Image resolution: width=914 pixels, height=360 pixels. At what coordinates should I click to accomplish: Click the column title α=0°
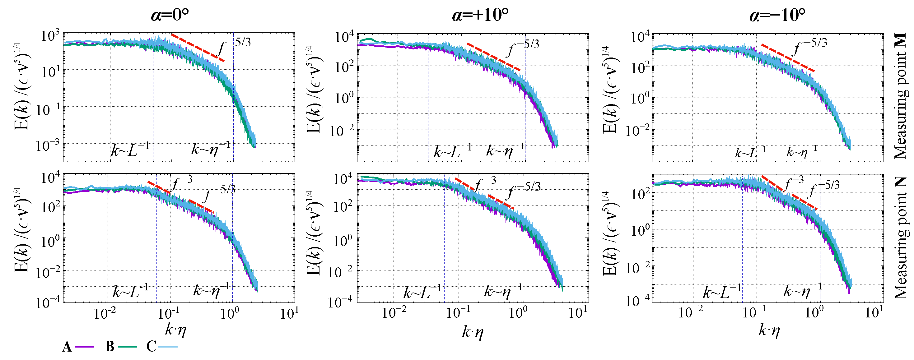click(170, 15)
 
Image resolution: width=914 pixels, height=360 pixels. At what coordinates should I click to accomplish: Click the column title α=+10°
click(480, 15)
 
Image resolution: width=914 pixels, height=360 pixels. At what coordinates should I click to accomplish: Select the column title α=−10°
click(777, 15)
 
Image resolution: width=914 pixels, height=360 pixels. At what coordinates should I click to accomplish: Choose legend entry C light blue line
click(168, 346)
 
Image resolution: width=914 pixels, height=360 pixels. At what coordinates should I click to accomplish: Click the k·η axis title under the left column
click(176, 330)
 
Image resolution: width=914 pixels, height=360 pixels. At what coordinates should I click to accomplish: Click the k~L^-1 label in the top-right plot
click(750, 152)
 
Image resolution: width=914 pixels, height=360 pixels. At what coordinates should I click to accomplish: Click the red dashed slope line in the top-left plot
click(198, 47)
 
